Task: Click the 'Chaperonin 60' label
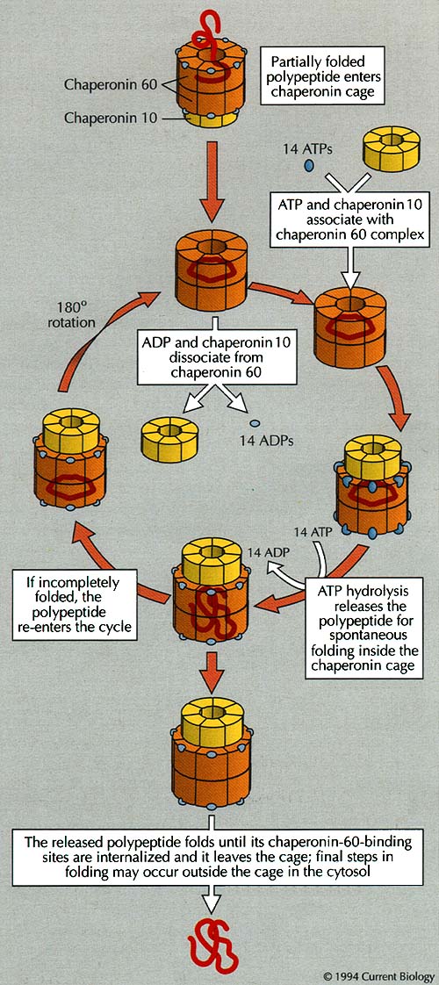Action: point(112,85)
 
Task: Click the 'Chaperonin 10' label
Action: point(112,117)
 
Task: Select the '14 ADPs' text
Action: point(266,441)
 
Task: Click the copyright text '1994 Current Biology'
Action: point(378,976)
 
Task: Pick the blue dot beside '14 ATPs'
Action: point(309,165)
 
